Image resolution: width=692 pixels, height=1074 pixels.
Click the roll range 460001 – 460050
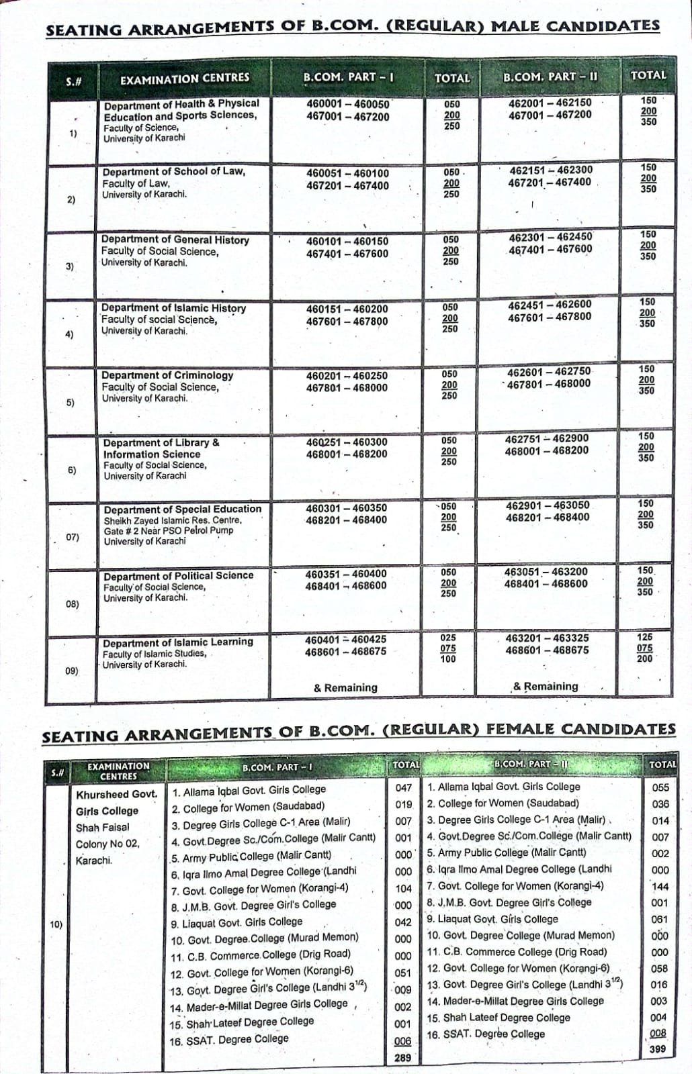(x=347, y=105)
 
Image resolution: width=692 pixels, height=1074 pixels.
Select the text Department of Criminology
(x=167, y=375)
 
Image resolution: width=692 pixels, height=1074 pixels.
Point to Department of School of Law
(x=173, y=172)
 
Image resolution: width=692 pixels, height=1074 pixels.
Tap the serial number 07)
(x=72, y=537)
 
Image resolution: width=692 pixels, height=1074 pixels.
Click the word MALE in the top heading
(x=515, y=27)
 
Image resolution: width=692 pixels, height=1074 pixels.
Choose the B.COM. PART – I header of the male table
(x=348, y=77)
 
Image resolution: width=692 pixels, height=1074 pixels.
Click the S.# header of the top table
(x=74, y=81)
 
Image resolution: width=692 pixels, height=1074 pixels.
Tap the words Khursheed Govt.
(x=116, y=794)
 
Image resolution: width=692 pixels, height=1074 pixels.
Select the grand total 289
(x=402, y=1057)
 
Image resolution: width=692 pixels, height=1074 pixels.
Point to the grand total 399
(x=658, y=1049)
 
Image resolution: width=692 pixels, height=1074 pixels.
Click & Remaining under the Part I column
(x=345, y=687)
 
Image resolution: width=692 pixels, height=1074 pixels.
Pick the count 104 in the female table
(x=403, y=889)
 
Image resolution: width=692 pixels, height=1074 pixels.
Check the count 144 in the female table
(x=660, y=886)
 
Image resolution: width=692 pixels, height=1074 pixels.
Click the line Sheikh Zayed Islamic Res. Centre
(x=173, y=520)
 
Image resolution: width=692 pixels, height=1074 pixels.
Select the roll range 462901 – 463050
(x=547, y=505)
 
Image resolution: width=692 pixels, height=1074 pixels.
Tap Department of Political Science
(x=178, y=576)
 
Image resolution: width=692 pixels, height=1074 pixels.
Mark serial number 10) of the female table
(x=56, y=924)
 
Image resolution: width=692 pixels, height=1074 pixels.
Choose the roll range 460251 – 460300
(x=346, y=442)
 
